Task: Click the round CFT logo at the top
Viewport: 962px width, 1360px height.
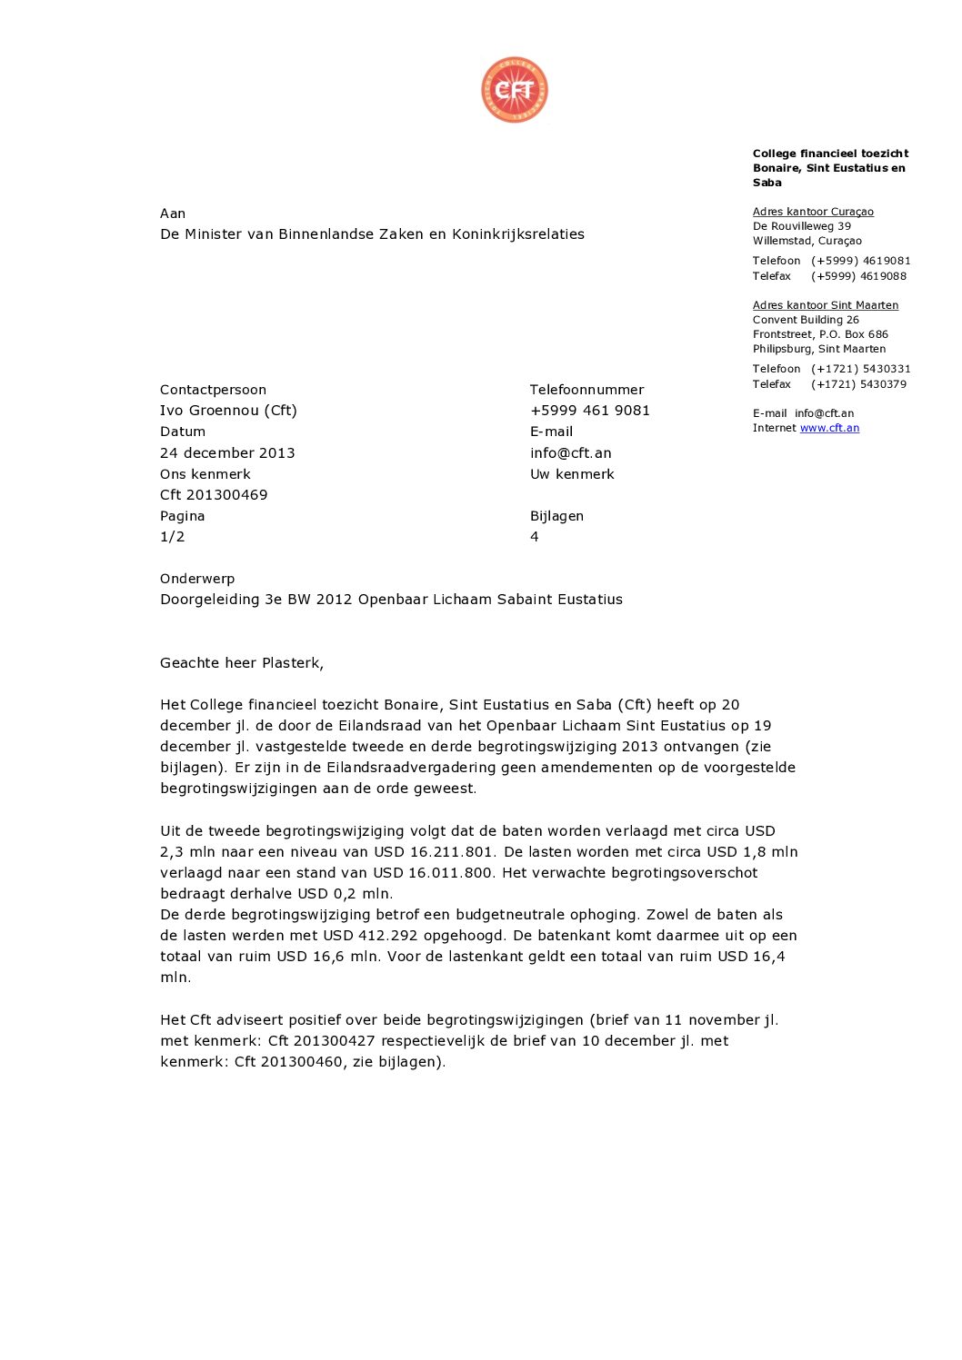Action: coord(515,90)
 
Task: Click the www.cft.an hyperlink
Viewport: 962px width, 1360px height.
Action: coord(829,428)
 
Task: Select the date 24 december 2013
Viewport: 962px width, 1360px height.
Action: coord(227,452)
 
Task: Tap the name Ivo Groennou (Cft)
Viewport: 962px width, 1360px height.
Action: coord(228,411)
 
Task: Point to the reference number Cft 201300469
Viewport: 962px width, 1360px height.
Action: coord(214,495)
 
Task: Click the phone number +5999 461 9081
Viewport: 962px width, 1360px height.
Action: coord(590,411)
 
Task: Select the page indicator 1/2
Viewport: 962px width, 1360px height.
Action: coord(173,537)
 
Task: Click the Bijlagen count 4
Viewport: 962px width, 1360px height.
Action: coord(535,537)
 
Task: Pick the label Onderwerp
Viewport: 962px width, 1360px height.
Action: coord(197,579)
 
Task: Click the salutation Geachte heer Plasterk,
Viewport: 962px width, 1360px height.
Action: coord(242,663)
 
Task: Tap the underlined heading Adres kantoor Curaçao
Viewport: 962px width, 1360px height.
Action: coord(813,212)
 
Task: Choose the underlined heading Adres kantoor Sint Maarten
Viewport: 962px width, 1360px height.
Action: coord(826,305)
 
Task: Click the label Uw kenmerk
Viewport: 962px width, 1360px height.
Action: coord(572,474)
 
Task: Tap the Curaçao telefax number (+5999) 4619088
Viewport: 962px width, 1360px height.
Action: coord(858,276)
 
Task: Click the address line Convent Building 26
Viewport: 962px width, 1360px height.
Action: coord(806,320)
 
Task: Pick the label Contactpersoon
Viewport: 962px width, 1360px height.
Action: coord(213,390)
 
